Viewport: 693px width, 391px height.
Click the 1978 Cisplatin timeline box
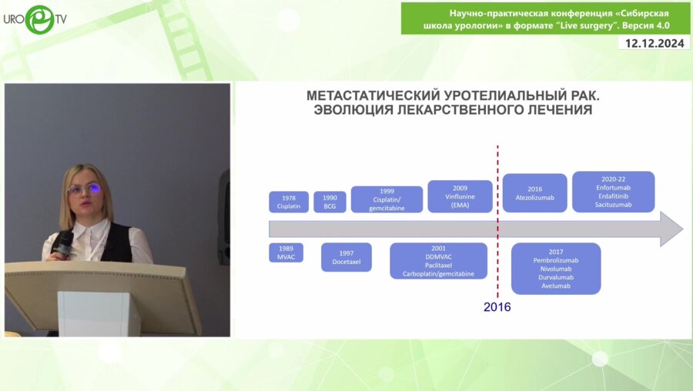289,202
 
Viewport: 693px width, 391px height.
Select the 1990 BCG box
330,202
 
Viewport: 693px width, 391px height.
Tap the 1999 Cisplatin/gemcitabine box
387,199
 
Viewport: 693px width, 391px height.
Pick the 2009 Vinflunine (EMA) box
460,196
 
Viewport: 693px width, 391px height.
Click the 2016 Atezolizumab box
534,193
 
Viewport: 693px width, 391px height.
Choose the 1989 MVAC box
286,252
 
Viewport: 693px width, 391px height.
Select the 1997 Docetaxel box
346,257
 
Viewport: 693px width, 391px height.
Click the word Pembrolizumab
556,260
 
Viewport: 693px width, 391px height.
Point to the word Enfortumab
613,187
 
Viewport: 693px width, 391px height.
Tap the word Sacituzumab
613,205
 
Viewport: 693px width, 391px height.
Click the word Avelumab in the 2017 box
556,287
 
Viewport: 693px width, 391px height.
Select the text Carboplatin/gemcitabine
438,274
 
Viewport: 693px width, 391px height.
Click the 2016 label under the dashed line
497,307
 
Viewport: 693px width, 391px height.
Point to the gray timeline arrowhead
671,229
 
